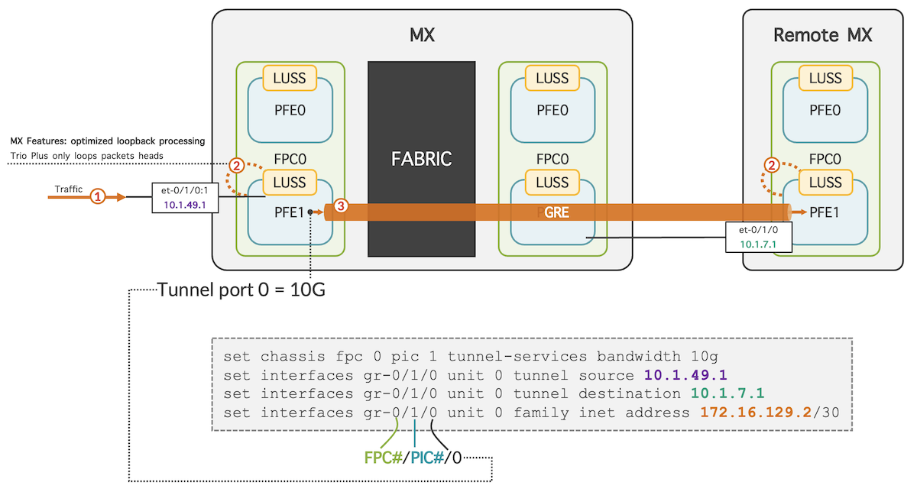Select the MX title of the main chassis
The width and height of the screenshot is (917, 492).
422,35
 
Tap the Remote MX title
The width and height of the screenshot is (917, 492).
822,35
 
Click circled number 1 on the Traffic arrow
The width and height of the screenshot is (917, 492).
97,196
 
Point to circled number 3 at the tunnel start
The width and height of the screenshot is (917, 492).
342,206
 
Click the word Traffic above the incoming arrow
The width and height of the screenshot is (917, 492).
68,189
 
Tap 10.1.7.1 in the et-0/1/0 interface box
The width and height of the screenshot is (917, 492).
758,244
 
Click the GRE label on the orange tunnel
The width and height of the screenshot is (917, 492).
556,212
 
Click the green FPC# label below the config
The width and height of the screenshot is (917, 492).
383,458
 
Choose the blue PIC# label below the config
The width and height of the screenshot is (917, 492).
426,458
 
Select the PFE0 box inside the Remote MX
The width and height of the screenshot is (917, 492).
825,110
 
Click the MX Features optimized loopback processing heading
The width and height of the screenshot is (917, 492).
107,141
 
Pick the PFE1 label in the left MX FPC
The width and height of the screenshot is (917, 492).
290,213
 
